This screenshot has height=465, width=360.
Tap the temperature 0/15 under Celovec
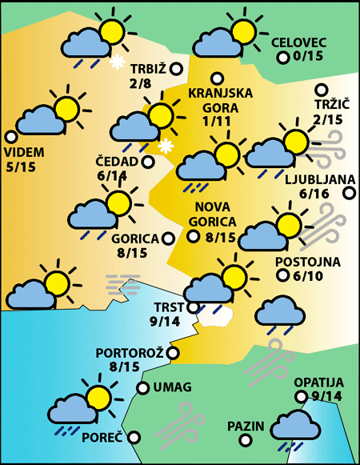pyautogui.click(x=308, y=56)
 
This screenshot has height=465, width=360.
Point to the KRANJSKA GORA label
pyautogui.click(x=220, y=100)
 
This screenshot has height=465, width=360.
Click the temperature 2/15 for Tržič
pyautogui.click(x=328, y=119)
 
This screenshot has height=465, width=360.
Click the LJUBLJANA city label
pyautogui.click(x=318, y=178)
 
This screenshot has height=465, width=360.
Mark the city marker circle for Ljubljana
pyautogui.click(x=350, y=193)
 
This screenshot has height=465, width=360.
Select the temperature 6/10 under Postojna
pyautogui.click(x=308, y=276)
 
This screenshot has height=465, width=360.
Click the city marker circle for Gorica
pyautogui.click(x=168, y=238)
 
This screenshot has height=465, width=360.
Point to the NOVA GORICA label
pyautogui.click(x=210, y=215)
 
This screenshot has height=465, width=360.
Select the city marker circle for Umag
pyautogui.click(x=142, y=388)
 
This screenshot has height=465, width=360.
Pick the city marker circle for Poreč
pyautogui.click(x=134, y=438)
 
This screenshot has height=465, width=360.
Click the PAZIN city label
pyautogui.click(x=245, y=426)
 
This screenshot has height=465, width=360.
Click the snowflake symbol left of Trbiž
pyautogui.click(x=117, y=62)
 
